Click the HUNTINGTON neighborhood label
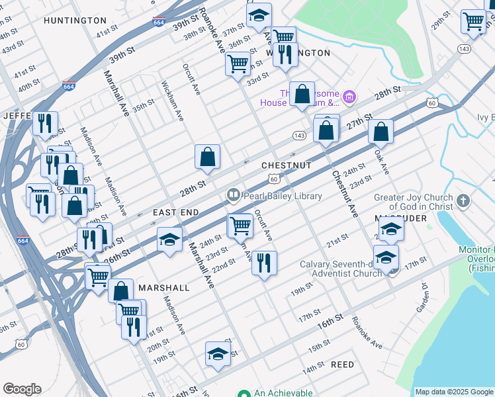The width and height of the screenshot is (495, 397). point(75,21)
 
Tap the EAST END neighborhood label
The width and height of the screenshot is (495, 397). point(176,212)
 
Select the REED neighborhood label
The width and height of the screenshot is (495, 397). point(342,365)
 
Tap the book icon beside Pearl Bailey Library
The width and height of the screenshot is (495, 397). point(233,195)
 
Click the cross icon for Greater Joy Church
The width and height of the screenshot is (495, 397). point(463,201)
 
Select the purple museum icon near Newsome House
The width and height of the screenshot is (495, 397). point(349,99)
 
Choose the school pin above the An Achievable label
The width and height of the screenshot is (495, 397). point(218,354)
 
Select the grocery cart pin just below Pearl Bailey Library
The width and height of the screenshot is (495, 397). point(240,226)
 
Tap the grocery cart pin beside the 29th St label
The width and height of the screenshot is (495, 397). point(473,22)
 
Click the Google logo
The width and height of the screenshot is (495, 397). point(22,389)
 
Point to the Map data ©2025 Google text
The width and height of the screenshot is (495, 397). point(454,392)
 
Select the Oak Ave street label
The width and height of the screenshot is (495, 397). point(382,161)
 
